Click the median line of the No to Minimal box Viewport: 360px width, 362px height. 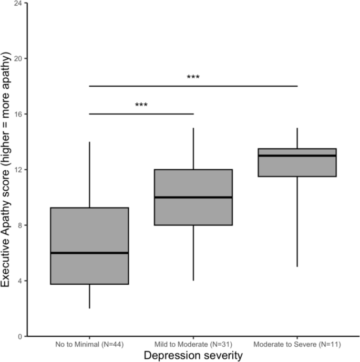tap(89, 253)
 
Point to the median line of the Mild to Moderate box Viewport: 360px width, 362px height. tap(193, 197)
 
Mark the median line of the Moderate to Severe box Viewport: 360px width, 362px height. tap(297, 156)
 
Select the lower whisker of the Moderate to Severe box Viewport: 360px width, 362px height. tap(297, 221)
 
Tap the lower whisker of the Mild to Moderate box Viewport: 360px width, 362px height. tap(193, 252)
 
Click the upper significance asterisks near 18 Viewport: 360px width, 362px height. tap(193, 78)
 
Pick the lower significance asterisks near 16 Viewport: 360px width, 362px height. tap(141, 105)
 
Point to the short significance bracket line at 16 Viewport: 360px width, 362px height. tap(158, 113)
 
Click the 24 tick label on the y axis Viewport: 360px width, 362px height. tap(18, 3)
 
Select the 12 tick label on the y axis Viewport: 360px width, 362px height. tap(18, 170)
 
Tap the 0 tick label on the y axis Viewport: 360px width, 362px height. tap(19, 336)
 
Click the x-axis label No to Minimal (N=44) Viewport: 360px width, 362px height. tap(89, 345)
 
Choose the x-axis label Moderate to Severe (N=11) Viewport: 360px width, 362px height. tap(297, 345)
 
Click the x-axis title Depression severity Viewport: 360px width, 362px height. tap(193, 356)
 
